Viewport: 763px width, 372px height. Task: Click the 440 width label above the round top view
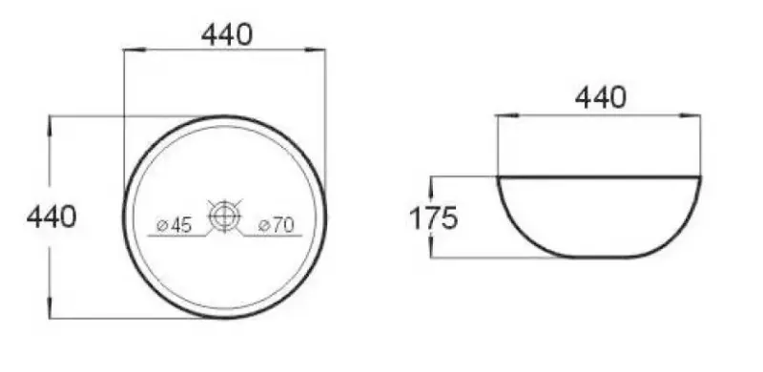click(x=226, y=34)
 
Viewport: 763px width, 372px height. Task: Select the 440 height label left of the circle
click(x=52, y=217)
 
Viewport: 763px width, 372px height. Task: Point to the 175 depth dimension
click(x=434, y=218)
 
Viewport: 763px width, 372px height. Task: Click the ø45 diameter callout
click(x=175, y=225)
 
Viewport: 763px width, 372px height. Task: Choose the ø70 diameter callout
click(x=276, y=225)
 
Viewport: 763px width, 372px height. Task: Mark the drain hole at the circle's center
click(x=225, y=217)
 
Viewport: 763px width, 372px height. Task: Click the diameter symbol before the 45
click(x=161, y=226)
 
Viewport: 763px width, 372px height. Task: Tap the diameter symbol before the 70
click(x=263, y=226)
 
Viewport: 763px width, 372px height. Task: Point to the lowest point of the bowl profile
click(x=599, y=257)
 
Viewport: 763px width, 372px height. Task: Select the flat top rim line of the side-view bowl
click(x=599, y=176)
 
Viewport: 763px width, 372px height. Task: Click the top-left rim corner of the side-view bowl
click(x=497, y=177)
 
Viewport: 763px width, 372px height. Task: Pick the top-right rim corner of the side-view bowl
click(x=701, y=177)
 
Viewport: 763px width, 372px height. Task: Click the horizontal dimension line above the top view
click(x=225, y=50)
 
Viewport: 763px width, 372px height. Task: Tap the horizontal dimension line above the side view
click(x=599, y=115)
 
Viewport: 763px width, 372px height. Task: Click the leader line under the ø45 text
click(x=181, y=235)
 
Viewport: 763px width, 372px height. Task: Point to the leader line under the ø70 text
click(x=272, y=235)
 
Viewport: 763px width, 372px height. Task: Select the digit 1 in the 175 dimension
click(x=417, y=218)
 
